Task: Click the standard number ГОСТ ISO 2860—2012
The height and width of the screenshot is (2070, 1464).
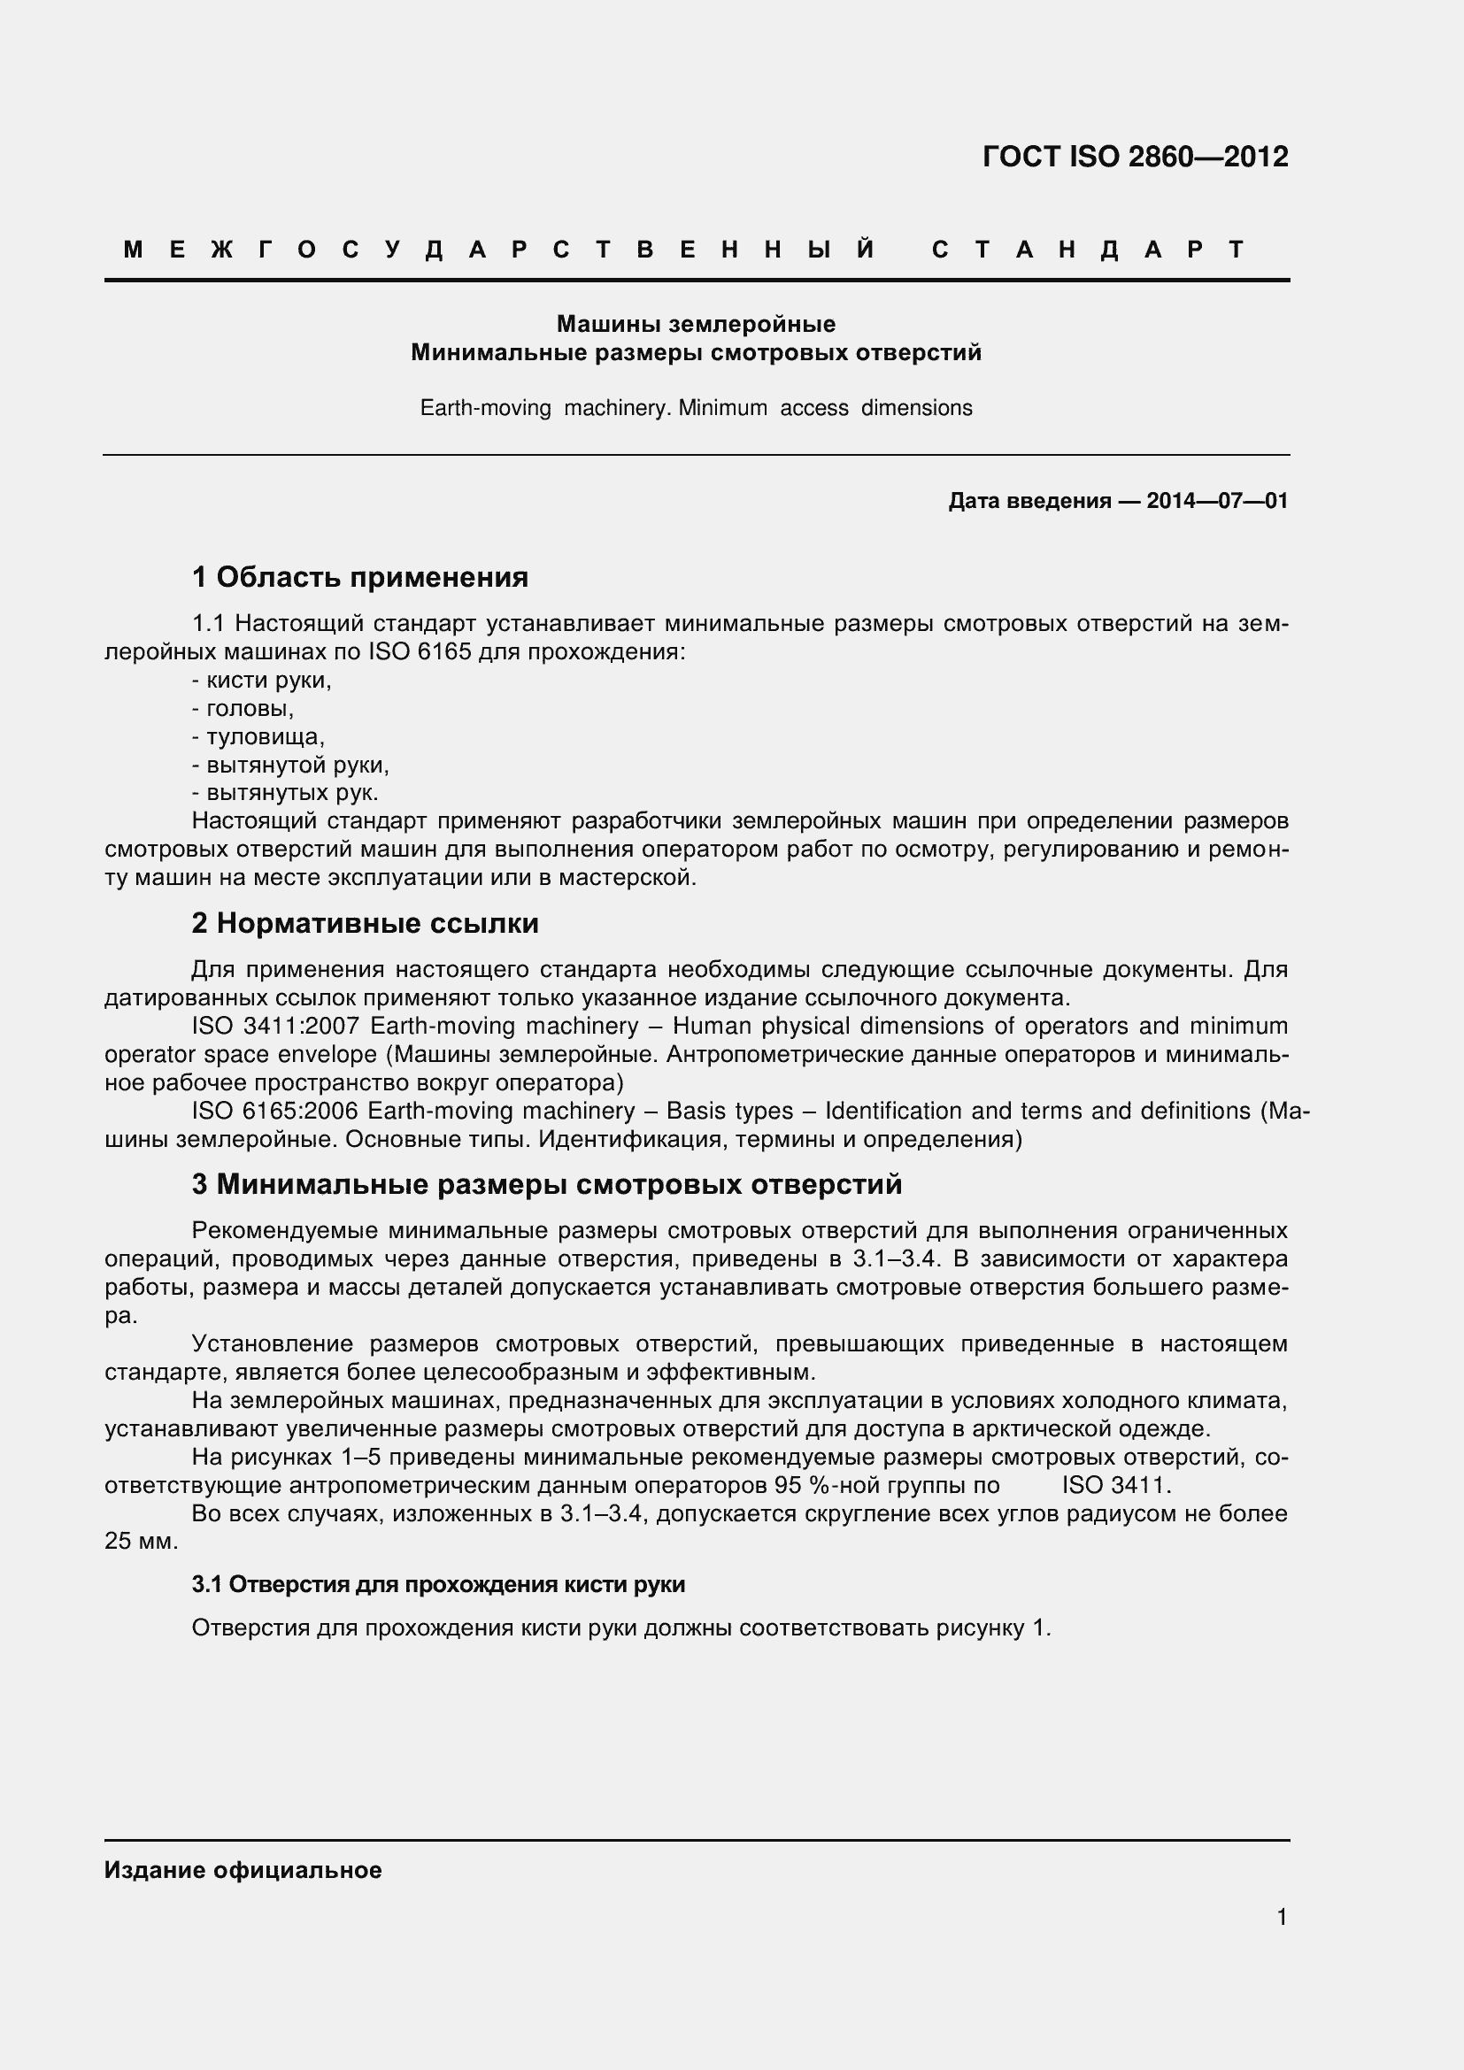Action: coord(1134,157)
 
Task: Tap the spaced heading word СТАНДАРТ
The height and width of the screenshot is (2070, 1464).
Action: coord(1088,250)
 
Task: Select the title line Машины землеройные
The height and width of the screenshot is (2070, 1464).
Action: coord(695,324)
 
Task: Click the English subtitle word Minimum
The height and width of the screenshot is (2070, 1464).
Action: coord(722,408)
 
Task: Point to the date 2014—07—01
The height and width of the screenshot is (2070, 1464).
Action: coord(1216,501)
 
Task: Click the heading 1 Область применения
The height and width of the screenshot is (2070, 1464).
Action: coord(359,577)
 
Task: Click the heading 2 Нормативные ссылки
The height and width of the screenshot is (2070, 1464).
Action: coord(365,923)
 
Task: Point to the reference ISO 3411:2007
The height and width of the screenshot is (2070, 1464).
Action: coord(275,1026)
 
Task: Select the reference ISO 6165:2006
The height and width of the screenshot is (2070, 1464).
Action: coord(275,1111)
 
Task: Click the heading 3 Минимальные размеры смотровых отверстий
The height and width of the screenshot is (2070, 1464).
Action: coord(546,1184)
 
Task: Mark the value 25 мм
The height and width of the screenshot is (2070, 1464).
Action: coord(141,1541)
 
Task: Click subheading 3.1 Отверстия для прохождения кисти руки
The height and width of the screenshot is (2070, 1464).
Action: coord(438,1585)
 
